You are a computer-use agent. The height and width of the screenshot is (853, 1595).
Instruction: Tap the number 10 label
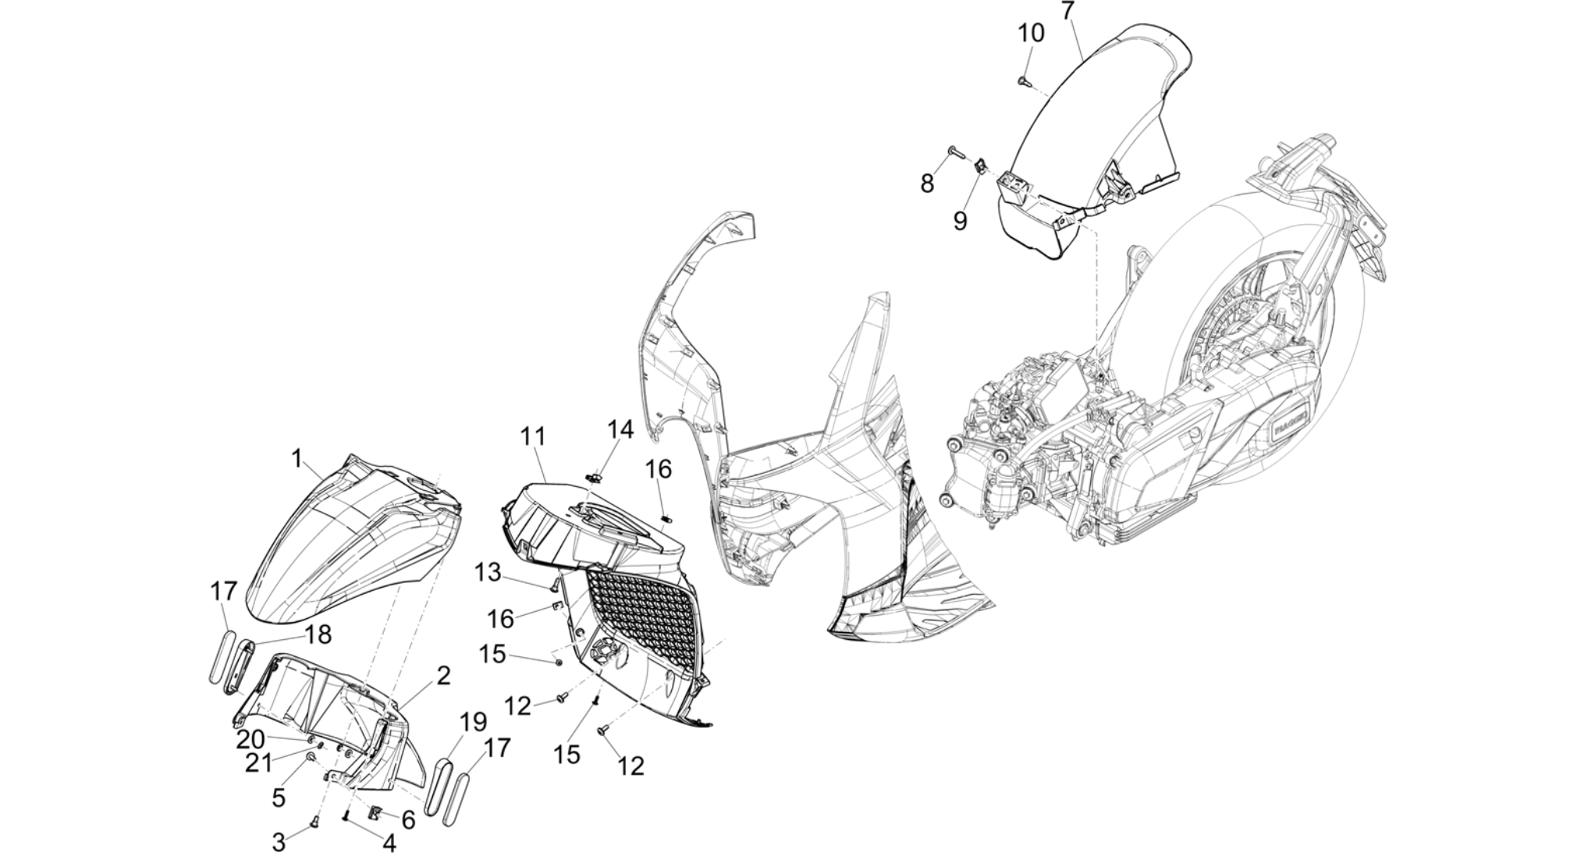point(1030,34)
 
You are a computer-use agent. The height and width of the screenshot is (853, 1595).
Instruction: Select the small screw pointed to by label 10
point(1023,80)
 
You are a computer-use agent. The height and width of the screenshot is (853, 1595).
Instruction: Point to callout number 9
point(960,221)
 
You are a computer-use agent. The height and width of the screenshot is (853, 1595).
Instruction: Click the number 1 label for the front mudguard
point(297,458)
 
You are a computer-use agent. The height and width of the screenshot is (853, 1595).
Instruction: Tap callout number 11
point(533,436)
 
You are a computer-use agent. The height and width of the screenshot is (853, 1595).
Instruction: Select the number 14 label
point(620,429)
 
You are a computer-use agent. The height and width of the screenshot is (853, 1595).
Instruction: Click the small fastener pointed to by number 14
point(596,474)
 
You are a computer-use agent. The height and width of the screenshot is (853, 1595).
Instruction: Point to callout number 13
point(488,573)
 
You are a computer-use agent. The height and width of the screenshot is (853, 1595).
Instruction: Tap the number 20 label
point(251,738)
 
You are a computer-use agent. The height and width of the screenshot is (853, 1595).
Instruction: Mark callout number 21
point(258,763)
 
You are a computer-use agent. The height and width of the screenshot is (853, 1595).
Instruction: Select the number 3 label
point(279,842)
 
